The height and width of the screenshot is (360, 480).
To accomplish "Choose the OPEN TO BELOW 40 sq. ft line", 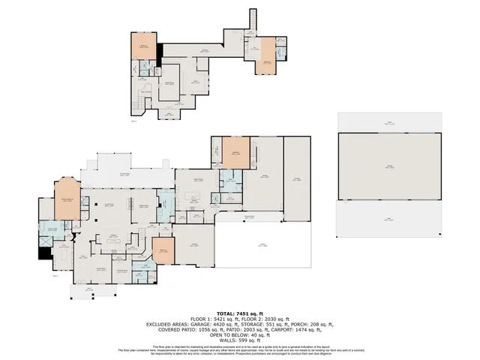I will click(x=240, y=337).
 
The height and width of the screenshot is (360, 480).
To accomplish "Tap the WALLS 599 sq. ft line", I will click(x=240, y=343).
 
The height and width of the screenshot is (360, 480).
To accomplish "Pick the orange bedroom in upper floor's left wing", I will click(x=146, y=49).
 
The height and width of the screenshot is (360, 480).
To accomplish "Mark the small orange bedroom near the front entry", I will click(x=163, y=251).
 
